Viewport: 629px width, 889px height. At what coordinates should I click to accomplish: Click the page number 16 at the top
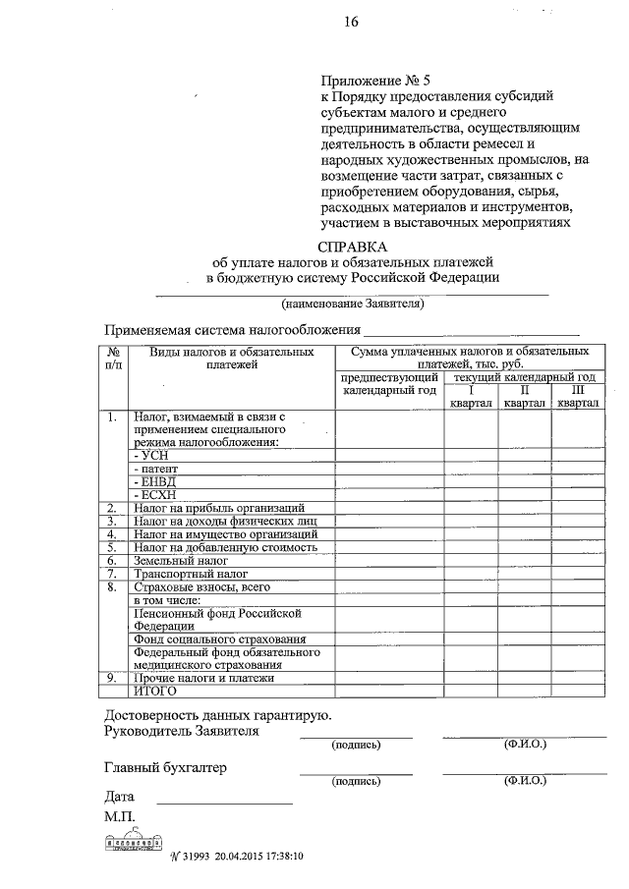351,25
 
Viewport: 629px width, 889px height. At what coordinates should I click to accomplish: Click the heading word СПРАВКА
353,247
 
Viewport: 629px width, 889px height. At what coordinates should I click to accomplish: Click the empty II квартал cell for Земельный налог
525,560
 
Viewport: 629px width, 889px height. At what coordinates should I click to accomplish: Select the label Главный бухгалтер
165,768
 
